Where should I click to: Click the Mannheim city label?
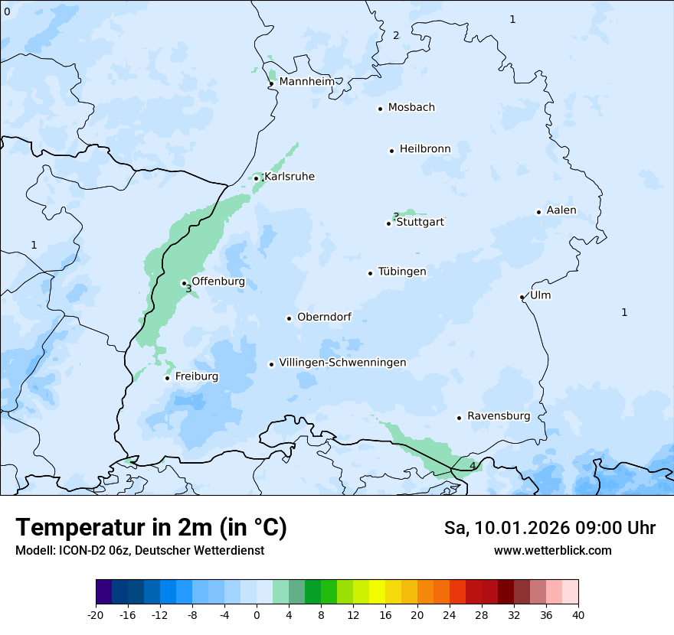[306, 81]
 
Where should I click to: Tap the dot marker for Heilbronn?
[391, 151]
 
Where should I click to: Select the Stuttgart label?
[420, 222]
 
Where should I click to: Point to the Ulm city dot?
[522, 297]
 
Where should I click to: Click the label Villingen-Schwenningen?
[342, 363]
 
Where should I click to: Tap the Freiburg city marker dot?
[167, 378]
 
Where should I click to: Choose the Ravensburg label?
[498, 416]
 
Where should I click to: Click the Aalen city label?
[561, 210]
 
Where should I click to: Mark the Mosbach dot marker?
[380, 109]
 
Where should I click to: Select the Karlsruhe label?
[289, 177]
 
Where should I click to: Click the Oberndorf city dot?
[289, 318]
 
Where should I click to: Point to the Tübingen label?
[402, 272]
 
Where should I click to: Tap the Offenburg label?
[218, 282]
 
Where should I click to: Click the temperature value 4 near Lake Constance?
[473, 465]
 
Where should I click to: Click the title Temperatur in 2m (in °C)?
[151, 527]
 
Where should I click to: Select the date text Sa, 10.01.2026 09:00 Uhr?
[549, 528]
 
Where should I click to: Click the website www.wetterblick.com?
[552, 550]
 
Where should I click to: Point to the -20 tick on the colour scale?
[96, 614]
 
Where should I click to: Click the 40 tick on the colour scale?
[578, 614]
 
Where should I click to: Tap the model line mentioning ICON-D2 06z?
[139, 550]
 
